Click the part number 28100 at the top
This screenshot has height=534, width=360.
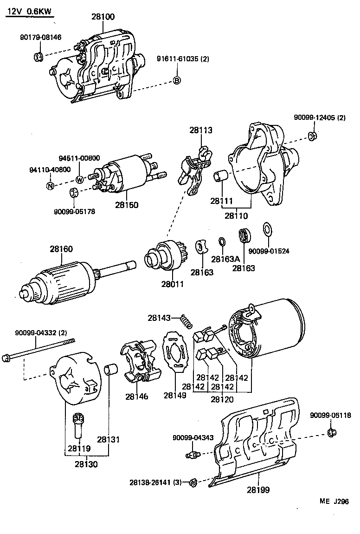click(x=103, y=17)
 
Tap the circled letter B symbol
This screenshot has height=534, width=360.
click(x=177, y=81)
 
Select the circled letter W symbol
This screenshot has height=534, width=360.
click(x=79, y=179)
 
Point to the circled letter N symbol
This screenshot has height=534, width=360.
click(x=50, y=186)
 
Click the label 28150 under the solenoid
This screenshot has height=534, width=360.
click(x=127, y=204)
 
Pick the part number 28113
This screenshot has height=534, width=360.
click(x=201, y=130)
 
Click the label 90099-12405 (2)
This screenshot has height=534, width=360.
click(x=320, y=118)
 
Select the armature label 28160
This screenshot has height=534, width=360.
click(x=61, y=249)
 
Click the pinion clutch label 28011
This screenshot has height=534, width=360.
click(x=172, y=284)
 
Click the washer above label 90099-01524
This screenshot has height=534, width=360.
click(x=268, y=229)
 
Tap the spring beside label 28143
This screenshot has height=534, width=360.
click(x=186, y=320)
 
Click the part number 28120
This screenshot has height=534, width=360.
click(x=222, y=399)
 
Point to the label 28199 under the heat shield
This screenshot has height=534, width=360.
click(x=258, y=489)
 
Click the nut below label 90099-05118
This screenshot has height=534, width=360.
click(x=331, y=432)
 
